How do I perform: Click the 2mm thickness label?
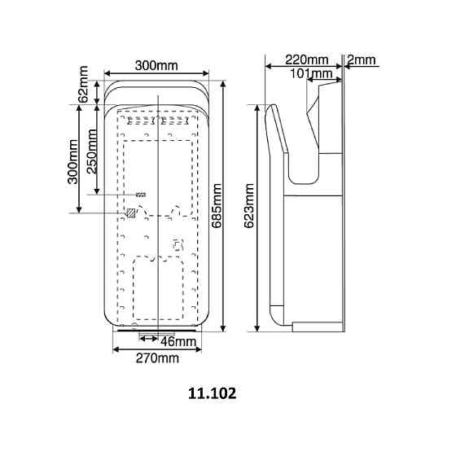click(x=361, y=59)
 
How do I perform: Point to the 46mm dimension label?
click(x=179, y=340)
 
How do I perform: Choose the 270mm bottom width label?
click(x=156, y=357)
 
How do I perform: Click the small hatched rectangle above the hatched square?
click(x=141, y=195)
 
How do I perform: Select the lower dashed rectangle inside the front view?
click(x=156, y=287)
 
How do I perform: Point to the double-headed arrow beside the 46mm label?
click(x=149, y=335)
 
